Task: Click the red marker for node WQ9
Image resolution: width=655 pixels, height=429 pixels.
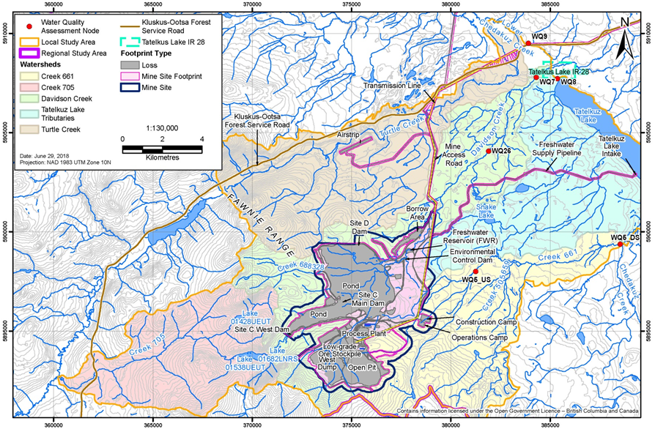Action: point(528,43)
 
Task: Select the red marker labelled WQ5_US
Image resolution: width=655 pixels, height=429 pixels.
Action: point(475,272)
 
